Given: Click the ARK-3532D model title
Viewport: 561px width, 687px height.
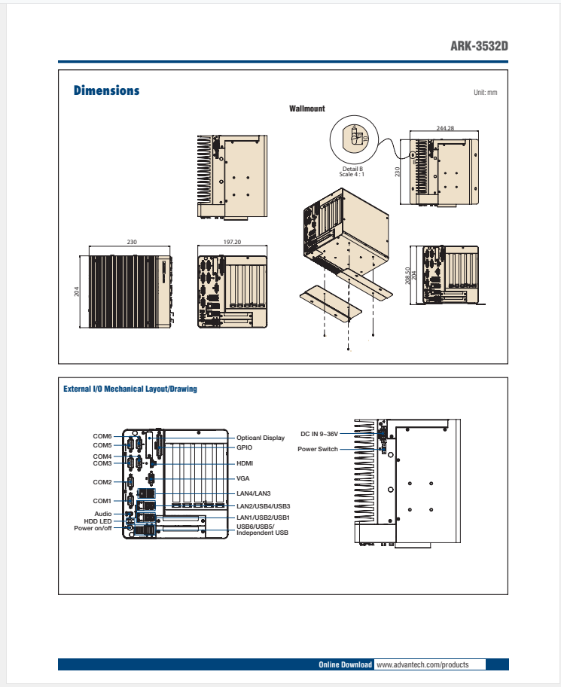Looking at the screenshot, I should pyautogui.click(x=479, y=46).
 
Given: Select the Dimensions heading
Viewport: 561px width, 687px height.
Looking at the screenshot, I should pyautogui.click(x=106, y=91).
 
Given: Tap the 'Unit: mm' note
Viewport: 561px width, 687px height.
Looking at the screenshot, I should pyautogui.click(x=486, y=92).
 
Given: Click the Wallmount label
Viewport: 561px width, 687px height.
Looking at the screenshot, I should pyautogui.click(x=307, y=108).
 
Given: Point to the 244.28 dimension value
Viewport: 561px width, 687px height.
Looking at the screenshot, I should pyautogui.click(x=445, y=128).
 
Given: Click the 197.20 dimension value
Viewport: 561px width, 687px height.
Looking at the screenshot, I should pyautogui.click(x=232, y=243).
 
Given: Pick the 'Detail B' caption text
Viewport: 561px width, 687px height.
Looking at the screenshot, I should pyautogui.click(x=352, y=169).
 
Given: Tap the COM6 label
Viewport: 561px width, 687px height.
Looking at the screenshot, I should pyautogui.click(x=102, y=436).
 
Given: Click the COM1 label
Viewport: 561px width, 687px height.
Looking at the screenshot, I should pyautogui.click(x=102, y=501).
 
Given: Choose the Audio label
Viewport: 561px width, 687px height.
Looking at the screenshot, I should pyautogui.click(x=103, y=514).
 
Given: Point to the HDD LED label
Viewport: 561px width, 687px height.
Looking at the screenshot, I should pyautogui.click(x=98, y=521).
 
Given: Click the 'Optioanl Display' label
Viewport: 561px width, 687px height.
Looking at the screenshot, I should pyautogui.click(x=261, y=438).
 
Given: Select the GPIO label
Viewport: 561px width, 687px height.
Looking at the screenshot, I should pyautogui.click(x=244, y=447).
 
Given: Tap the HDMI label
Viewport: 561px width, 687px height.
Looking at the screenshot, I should pyautogui.click(x=245, y=463).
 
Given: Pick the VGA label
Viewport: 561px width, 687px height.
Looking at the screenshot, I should pyautogui.click(x=243, y=478).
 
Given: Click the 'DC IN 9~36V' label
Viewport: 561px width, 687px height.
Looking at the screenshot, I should pyautogui.click(x=320, y=434).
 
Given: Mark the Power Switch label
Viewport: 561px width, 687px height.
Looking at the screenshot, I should pyautogui.click(x=318, y=449).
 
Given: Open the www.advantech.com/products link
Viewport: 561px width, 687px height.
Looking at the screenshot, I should pyautogui.click(x=422, y=665).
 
